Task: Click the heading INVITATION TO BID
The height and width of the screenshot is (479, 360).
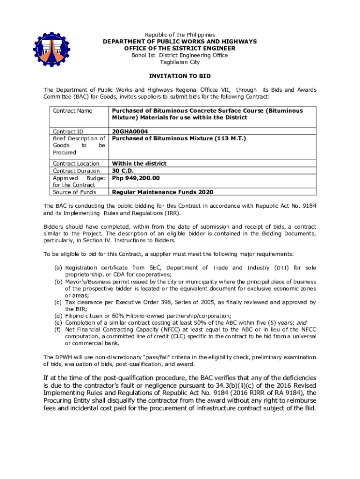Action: tap(180, 76)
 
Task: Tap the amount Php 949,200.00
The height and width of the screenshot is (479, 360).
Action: tap(136, 178)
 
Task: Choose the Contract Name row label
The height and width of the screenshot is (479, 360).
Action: tap(72, 111)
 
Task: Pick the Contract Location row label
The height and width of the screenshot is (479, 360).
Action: tap(76, 164)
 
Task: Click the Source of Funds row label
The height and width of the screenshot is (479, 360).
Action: tap(75, 192)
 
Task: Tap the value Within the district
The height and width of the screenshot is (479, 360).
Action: tap(139, 164)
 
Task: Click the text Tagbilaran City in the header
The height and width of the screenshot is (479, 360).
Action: tap(180, 62)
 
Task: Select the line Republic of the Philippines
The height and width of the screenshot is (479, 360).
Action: tap(180, 35)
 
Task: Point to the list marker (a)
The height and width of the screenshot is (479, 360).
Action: tap(59, 268)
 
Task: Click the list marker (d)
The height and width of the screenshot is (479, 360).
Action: tap(59, 316)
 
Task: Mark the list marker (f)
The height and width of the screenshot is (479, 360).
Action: tap(59, 330)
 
